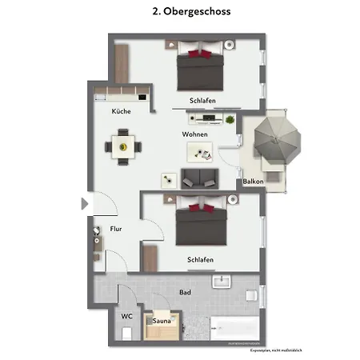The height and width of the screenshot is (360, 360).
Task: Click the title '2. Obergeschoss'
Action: [x=179, y=13]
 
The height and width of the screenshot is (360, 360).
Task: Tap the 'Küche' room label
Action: [x=122, y=111]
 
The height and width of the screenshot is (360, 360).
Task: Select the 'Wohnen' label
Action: [x=195, y=134]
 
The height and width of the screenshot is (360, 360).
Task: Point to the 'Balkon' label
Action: [x=254, y=182]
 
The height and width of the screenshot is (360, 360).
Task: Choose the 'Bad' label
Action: [x=186, y=294]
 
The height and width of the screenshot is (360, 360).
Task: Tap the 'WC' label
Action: [x=126, y=316]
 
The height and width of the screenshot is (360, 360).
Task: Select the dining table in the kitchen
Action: [x=122, y=147]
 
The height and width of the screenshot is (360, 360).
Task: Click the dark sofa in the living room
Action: [x=201, y=178]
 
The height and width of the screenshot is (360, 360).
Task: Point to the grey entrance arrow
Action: [x=85, y=204]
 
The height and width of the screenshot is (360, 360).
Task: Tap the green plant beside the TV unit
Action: [x=230, y=120]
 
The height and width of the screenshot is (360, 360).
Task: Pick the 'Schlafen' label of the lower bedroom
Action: [x=200, y=260]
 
